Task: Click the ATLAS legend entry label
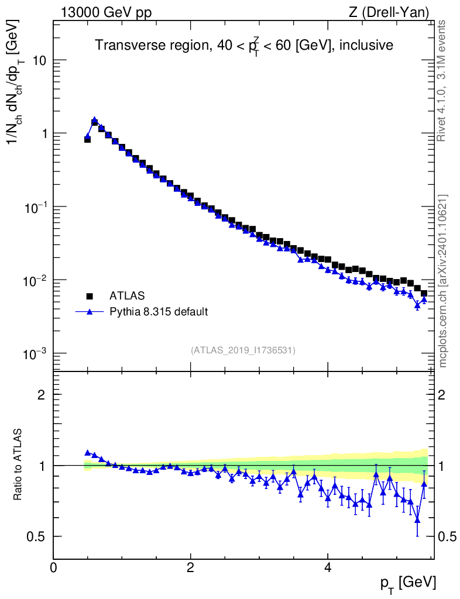127,295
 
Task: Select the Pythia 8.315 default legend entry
159,312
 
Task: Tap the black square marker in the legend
90,295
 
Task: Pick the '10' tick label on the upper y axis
39,60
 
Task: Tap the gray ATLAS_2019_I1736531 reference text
243,350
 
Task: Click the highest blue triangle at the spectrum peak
94,119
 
